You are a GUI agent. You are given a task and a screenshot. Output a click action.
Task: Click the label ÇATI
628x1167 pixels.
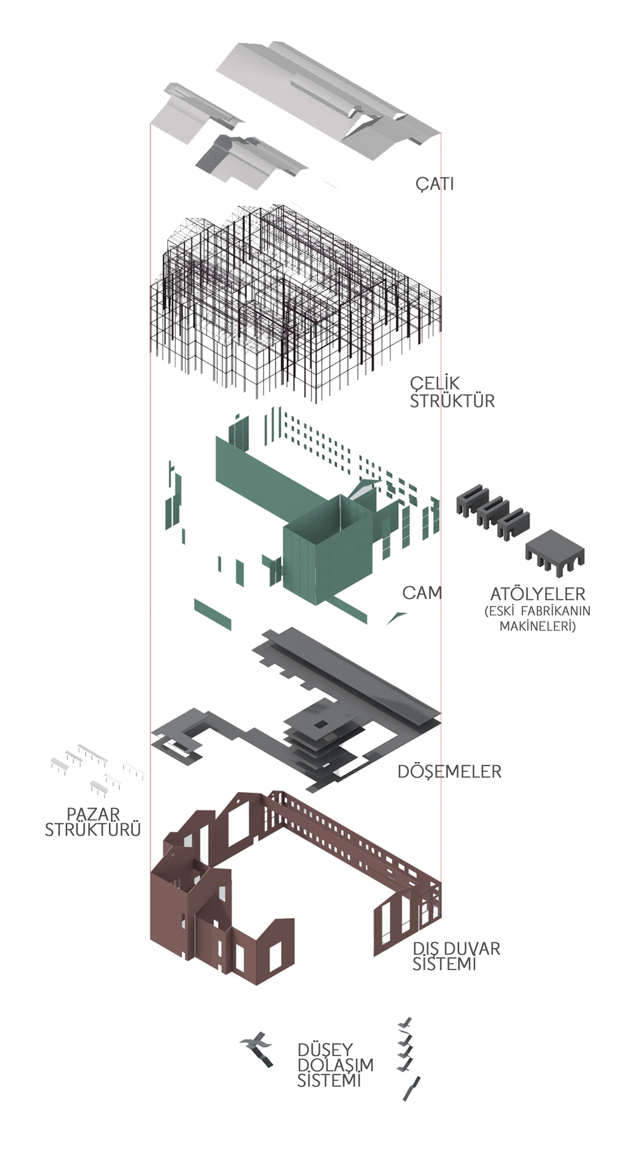(x=435, y=184)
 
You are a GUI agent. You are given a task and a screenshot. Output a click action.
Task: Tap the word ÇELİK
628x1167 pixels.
(x=435, y=384)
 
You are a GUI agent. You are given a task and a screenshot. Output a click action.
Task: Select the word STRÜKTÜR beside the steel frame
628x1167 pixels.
(x=452, y=401)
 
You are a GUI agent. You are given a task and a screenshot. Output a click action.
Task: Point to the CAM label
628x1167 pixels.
(x=422, y=593)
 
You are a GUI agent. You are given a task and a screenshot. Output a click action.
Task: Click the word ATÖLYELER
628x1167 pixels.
(x=537, y=594)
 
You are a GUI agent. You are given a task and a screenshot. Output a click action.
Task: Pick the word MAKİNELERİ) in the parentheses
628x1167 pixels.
(x=537, y=627)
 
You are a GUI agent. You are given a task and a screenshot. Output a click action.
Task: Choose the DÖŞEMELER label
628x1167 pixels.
(x=449, y=771)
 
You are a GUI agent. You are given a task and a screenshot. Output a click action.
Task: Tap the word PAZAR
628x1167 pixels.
(x=93, y=814)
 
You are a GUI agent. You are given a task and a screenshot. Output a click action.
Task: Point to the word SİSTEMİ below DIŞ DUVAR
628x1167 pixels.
(x=444, y=964)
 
